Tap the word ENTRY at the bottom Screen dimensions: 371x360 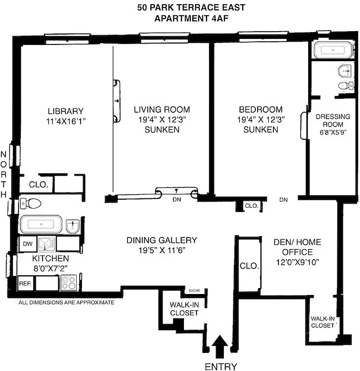(x=221, y=366)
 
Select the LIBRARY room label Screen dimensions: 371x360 (x=65, y=111)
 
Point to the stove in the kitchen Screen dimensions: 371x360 (x=68, y=282)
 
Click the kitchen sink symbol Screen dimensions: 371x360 (x=45, y=243)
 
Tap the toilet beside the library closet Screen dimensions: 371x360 (x=32, y=203)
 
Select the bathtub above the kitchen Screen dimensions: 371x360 (x=41, y=224)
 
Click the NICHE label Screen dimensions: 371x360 (x=195, y=291)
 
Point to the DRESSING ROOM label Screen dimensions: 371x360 (x=329, y=121)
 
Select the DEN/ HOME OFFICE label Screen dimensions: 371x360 (x=291, y=247)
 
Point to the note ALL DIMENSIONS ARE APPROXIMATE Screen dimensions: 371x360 (x=66, y=302)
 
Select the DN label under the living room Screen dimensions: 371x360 (x=176, y=200)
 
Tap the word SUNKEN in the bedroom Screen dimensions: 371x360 (x=260, y=129)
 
